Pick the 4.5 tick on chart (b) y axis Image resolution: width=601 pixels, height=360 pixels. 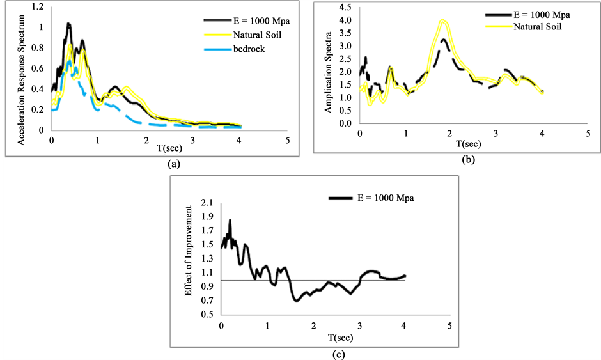point(346,7)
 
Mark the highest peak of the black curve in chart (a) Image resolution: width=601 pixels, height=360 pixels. point(68,24)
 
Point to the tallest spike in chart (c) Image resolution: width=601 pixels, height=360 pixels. point(230,220)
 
